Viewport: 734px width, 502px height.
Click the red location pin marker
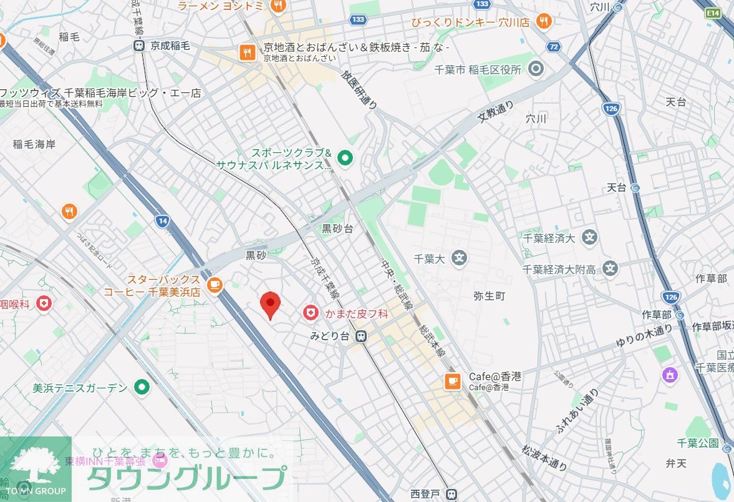coord(269,304)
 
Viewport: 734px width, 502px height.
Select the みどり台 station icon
coord(360,336)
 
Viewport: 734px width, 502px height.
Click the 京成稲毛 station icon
coord(139,46)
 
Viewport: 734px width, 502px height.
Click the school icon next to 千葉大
coord(460,257)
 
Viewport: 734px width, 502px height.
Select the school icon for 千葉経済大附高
coord(610,269)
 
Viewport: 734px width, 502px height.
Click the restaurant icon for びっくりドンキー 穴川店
coord(544,21)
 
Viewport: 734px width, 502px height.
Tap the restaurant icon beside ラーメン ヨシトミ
coord(278,6)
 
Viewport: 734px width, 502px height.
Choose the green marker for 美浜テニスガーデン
coord(143,388)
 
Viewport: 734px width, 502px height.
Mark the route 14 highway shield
coord(163,220)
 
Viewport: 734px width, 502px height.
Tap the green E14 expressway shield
coord(712,12)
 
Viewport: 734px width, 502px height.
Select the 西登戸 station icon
coord(453,494)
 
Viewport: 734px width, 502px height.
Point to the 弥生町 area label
coord(489,296)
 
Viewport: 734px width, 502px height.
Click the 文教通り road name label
coord(496,112)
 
